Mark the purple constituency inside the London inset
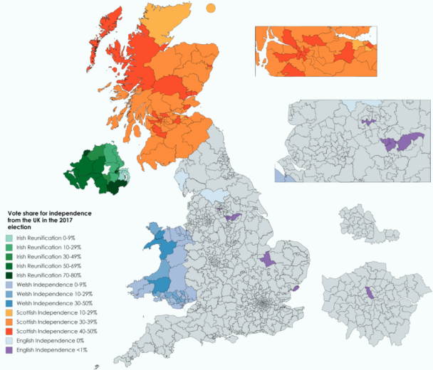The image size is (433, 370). pos(369,293)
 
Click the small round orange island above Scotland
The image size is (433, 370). pos(211,8)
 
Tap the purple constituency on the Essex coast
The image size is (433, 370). pos(294,288)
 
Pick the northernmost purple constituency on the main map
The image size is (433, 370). pos(232,217)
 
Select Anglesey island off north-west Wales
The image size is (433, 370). pos(152,227)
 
